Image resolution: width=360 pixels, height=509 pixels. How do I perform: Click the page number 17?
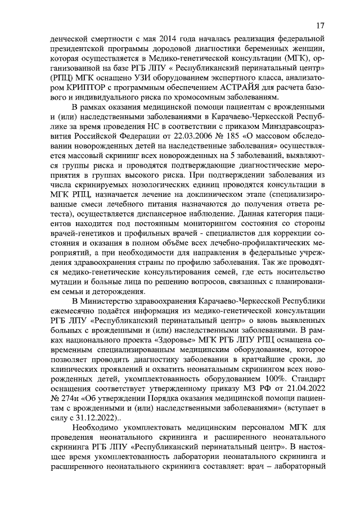point(319,26)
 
